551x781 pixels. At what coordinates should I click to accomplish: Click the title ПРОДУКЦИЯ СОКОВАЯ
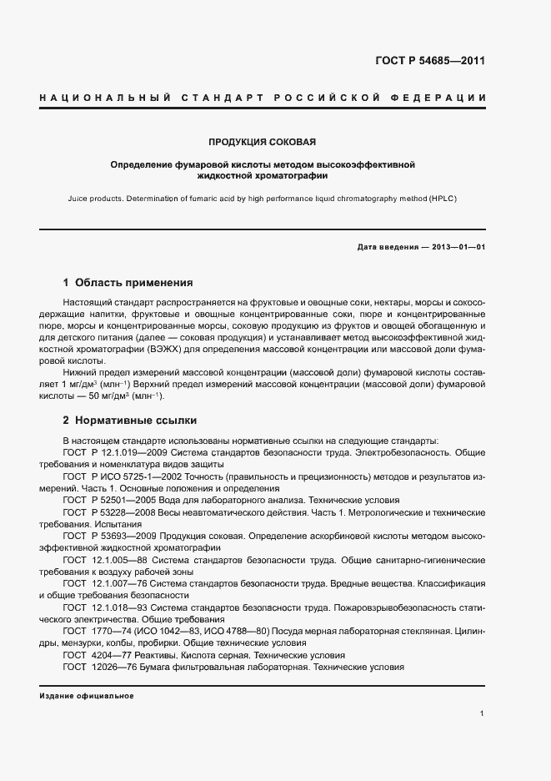click(262, 142)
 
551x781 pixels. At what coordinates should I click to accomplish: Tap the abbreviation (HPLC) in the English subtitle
click(440, 199)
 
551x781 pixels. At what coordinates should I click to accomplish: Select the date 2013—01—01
click(455, 248)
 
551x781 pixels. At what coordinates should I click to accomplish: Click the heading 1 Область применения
click(128, 283)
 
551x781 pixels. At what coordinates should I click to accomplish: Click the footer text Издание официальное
click(87, 695)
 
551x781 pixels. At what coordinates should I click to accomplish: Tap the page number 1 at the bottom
click(483, 714)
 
